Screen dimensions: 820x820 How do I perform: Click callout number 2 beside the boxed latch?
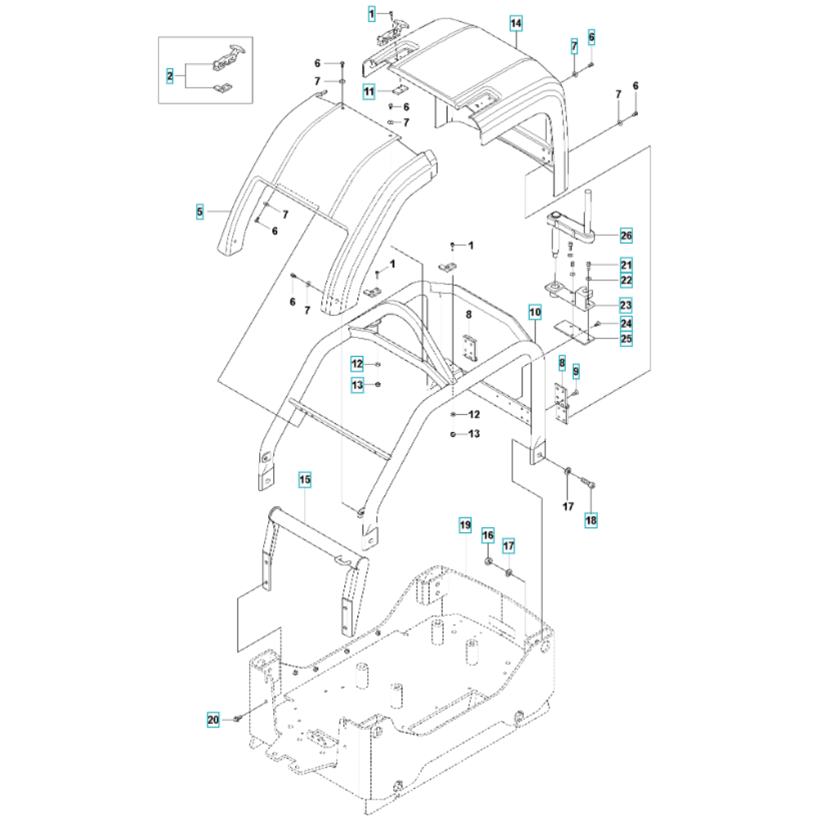coord(170,76)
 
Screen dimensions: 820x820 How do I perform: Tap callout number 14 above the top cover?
coord(515,22)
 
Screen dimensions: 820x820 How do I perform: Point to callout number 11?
coord(370,91)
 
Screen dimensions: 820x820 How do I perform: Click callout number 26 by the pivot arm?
coord(626,236)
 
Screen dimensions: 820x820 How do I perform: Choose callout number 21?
coord(626,265)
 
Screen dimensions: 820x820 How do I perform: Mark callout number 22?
coord(626,280)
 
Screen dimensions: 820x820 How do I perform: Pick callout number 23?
coord(626,306)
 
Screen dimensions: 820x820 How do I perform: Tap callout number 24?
coord(626,323)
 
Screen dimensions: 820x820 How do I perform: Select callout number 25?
coord(626,338)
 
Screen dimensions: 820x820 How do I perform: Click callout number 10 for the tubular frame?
coord(535,312)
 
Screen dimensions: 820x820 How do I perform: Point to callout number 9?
coord(576,371)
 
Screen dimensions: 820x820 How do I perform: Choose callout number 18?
coord(591,519)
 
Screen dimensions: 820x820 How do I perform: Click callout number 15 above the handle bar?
coord(304,478)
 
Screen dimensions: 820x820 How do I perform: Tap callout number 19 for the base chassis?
coord(465,523)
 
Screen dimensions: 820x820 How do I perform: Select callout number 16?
coord(488,535)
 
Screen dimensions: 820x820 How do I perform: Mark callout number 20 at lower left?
coord(213,720)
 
